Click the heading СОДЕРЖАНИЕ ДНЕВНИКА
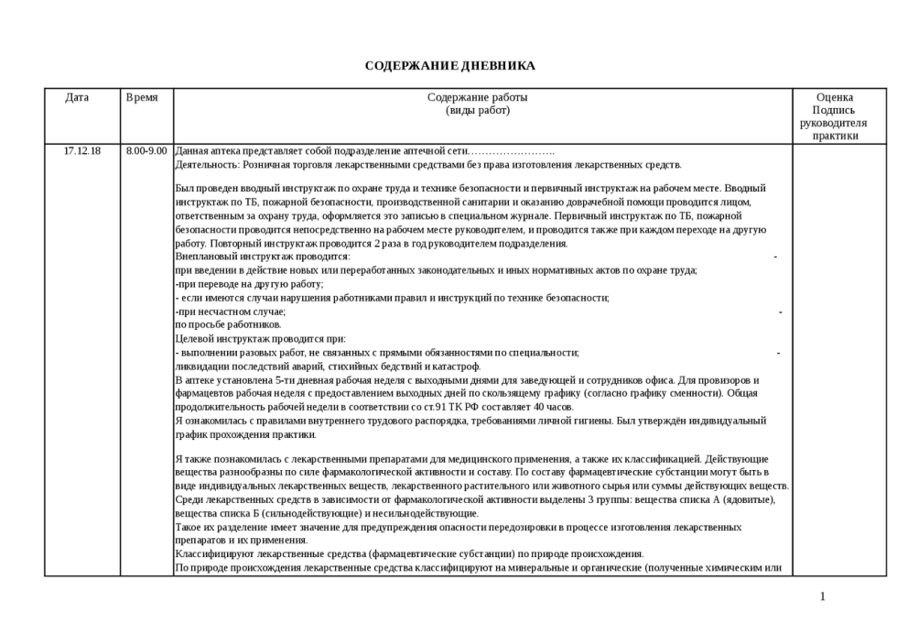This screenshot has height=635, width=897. [x=449, y=66]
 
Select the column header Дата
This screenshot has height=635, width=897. [x=77, y=97]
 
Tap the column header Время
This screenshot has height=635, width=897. [x=141, y=97]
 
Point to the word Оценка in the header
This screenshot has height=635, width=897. [x=834, y=97]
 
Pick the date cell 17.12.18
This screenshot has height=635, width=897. [x=82, y=151]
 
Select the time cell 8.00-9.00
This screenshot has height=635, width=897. [x=146, y=151]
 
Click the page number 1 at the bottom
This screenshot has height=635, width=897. [x=822, y=597]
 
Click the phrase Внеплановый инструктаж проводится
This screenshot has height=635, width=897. [x=262, y=257]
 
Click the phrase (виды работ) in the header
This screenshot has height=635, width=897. [x=477, y=111]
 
